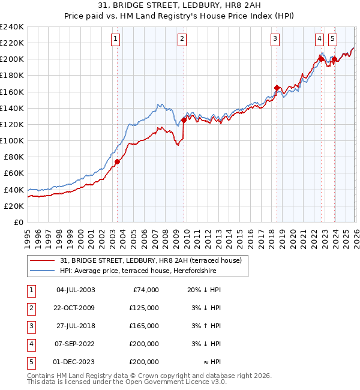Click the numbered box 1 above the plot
click(x=115, y=40)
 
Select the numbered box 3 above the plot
click(x=275, y=40)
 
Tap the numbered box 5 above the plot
click(x=332, y=40)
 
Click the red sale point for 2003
click(x=118, y=161)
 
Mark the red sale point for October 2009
click(x=184, y=120)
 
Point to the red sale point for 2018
click(x=277, y=88)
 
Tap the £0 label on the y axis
click(x=18, y=222)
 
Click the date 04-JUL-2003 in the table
click(x=75, y=290)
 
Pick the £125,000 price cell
click(x=144, y=308)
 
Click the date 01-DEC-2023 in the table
click(x=75, y=362)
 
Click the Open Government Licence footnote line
click(x=127, y=381)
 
